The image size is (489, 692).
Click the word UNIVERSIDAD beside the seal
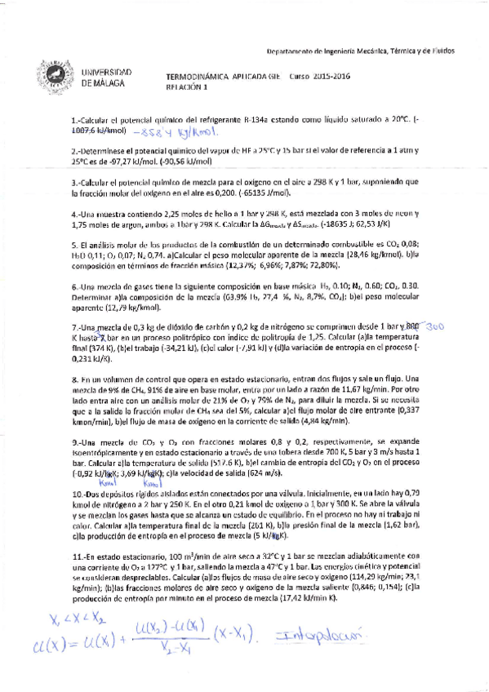click(x=108, y=73)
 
